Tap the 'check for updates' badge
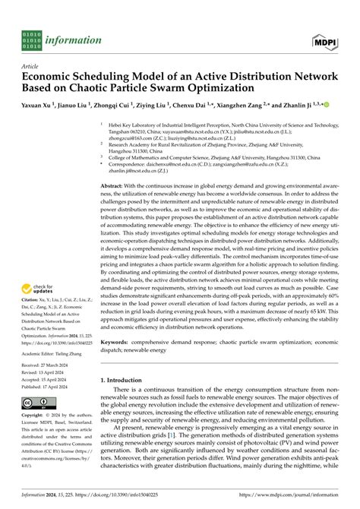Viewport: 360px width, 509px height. click(x=43, y=289)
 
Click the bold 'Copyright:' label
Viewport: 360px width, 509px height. click(x=35, y=438)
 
